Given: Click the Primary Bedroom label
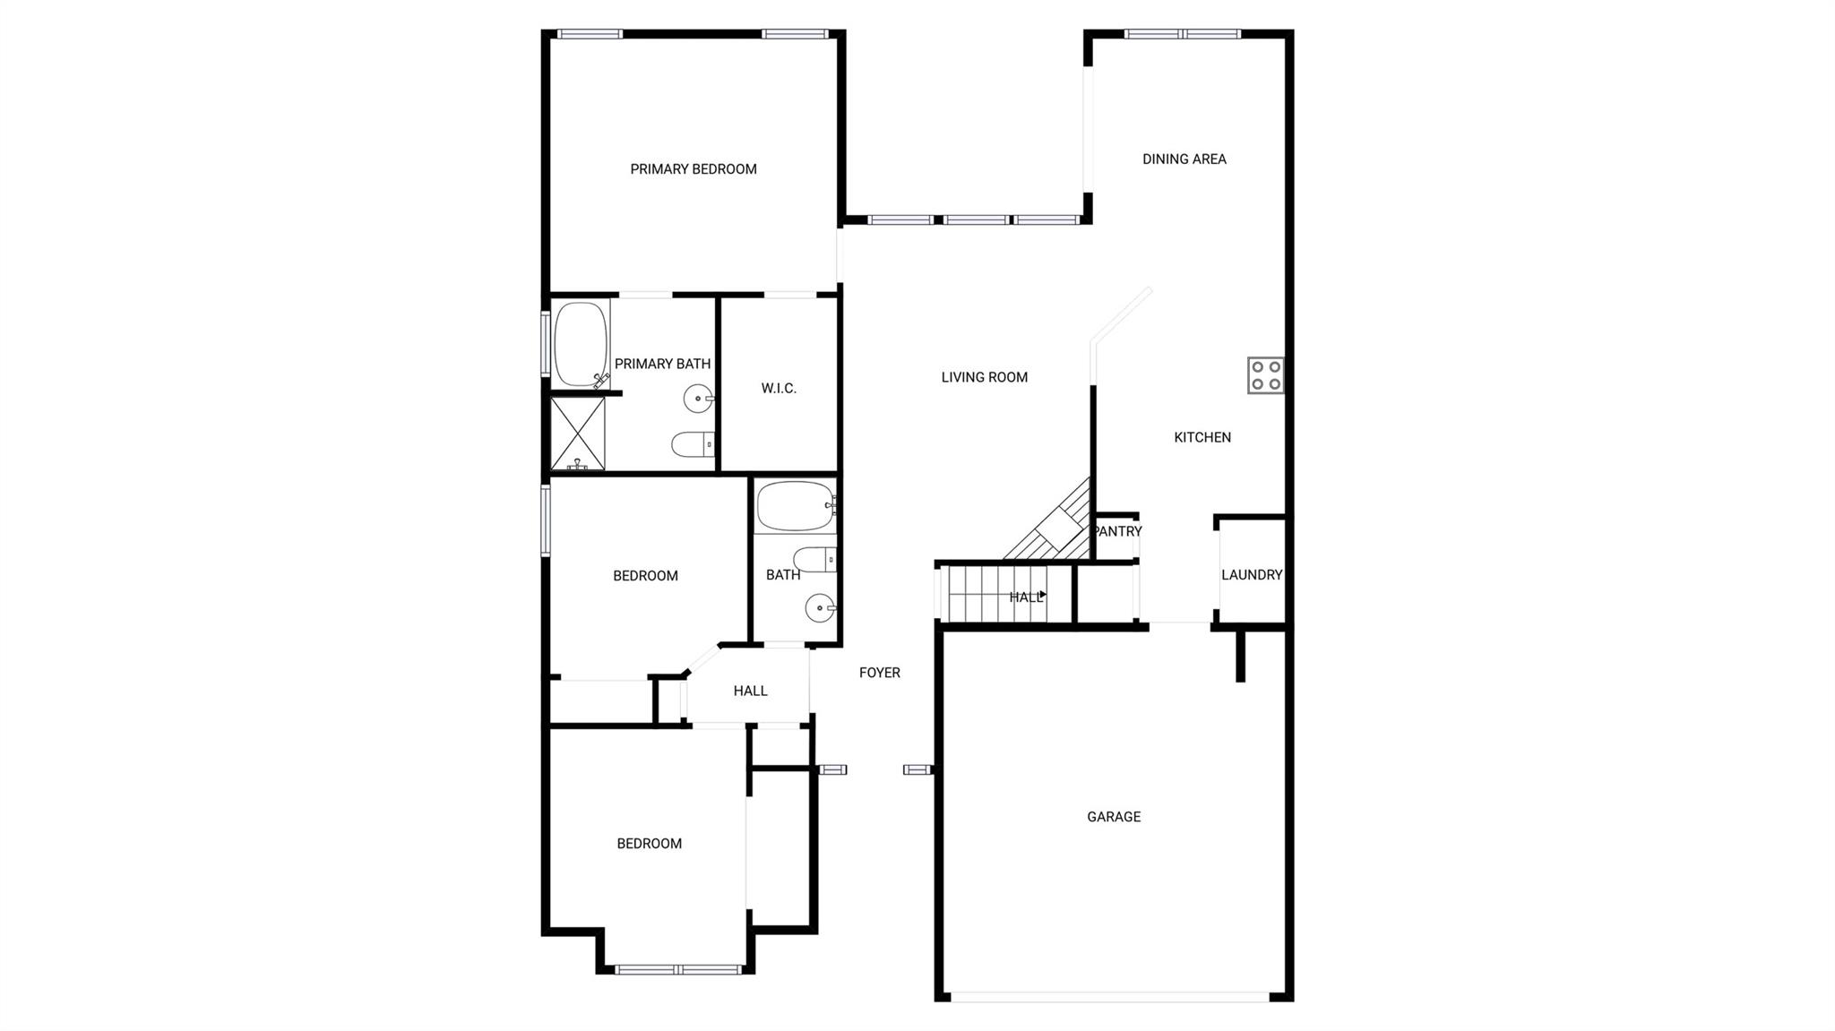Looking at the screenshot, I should click(x=693, y=169).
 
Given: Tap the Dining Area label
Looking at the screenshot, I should click(x=1184, y=159).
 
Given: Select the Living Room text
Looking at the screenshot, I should click(x=984, y=377).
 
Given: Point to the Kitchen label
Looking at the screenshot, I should click(x=1202, y=437).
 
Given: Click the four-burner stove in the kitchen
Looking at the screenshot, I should click(x=1265, y=375).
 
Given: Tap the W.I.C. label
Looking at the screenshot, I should click(x=778, y=388).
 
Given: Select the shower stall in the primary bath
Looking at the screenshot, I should click(x=577, y=434).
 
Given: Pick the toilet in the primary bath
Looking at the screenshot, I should click(x=692, y=443).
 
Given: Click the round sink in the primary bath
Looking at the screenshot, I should click(x=698, y=398).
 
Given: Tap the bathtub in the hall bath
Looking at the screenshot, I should click(x=794, y=506).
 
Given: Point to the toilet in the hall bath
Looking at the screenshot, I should click(x=814, y=560).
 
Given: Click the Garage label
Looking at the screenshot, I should click(x=1114, y=817).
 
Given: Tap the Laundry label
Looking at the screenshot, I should click(x=1251, y=575).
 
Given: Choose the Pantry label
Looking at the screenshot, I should click(x=1117, y=531).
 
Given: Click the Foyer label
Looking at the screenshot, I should click(x=879, y=673).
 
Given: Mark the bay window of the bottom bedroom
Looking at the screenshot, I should click(x=678, y=968).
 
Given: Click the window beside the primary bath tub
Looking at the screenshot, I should click(x=545, y=343).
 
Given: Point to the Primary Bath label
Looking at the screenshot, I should click(x=662, y=364).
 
